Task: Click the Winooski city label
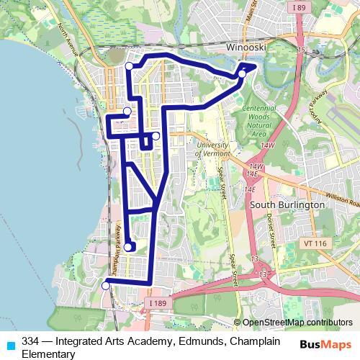coord(246,47)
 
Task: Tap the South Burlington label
coord(287,204)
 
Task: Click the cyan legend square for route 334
coord(9,344)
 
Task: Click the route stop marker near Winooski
coord(243,73)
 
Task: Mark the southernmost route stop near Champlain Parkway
coord(105,286)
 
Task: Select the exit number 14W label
coord(269,145)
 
